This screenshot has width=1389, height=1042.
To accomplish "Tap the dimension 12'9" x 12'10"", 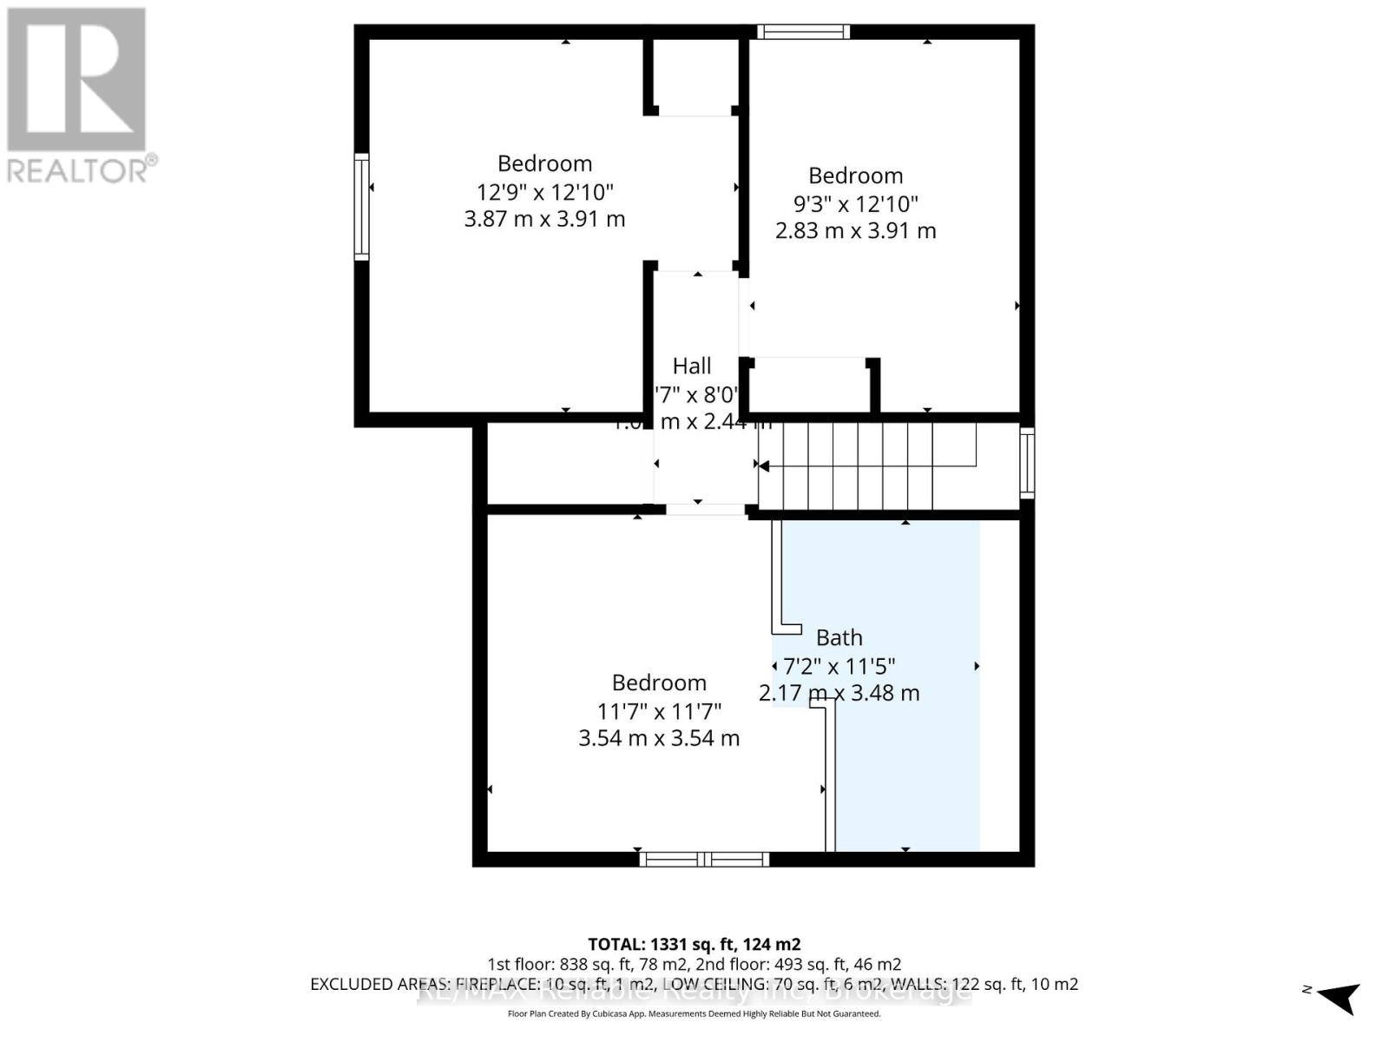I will point(544,192).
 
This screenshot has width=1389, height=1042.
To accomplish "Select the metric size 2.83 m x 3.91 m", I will point(855,231).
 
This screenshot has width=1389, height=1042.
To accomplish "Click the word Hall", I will point(692,366).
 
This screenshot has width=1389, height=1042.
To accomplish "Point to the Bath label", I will point(839,638).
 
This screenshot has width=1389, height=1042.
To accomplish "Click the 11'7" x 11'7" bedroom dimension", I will point(659,712).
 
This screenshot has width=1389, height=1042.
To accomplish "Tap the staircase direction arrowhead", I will point(764,466).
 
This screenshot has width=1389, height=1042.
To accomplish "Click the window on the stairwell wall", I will point(1027,463).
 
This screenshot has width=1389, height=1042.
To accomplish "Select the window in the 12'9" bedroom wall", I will point(362,207).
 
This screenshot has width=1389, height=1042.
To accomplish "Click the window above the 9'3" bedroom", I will point(803,32).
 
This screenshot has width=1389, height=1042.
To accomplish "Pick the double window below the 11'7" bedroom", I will point(704,860).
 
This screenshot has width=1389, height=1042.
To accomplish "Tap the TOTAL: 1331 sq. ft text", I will point(694,944).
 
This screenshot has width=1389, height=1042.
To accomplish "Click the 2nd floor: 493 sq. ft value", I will point(798,965).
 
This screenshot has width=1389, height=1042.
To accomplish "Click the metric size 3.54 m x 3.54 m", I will point(659,739).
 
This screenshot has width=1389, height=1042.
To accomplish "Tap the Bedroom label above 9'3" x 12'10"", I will point(855,176).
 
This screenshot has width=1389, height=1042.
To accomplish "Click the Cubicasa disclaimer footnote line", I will point(694,1014).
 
